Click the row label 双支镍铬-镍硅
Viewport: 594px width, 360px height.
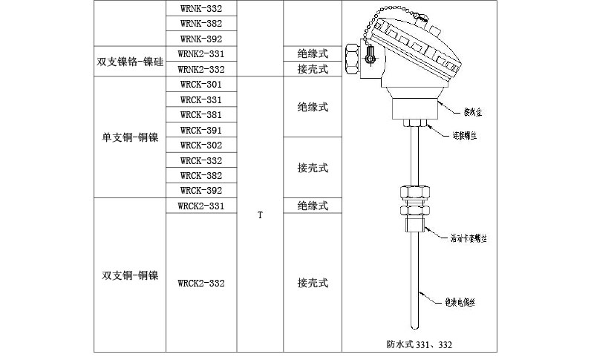coord(129,62)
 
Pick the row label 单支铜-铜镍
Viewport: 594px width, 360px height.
coord(129,137)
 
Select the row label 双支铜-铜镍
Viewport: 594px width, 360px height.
coord(129,275)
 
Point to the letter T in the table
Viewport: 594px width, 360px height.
coord(260,215)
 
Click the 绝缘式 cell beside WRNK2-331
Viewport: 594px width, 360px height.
coord(313,54)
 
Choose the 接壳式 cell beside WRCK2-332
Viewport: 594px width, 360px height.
coord(313,283)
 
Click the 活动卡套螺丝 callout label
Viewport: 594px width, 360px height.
coord(472,239)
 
